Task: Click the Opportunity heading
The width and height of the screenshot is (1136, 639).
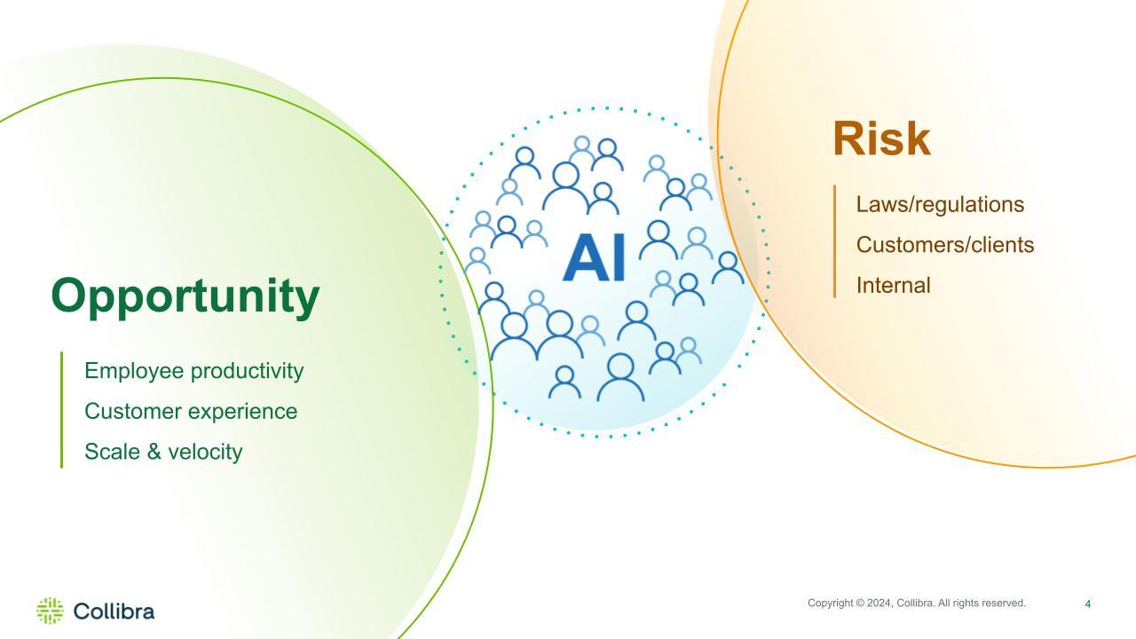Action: tap(185, 297)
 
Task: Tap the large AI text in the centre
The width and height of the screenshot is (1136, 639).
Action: tap(595, 257)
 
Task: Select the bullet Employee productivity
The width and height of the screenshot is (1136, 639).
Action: tap(193, 371)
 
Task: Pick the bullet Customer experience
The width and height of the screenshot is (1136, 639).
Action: tap(191, 411)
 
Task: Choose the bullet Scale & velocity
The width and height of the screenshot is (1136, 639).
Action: tap(163, 452)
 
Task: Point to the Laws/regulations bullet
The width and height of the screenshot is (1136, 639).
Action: tap(940, 205)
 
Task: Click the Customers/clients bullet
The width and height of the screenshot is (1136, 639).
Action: tap(945, 245)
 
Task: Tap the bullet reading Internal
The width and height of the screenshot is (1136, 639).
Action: tap(893, 286)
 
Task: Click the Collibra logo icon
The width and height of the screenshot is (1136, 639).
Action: tap(51, 611)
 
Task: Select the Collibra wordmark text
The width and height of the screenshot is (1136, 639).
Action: tap(114, 611)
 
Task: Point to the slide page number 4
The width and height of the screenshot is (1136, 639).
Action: tap(1088, 604)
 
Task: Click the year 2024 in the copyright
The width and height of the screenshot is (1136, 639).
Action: tap(879, 603)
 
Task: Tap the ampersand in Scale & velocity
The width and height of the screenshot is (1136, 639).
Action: tap(154, 452)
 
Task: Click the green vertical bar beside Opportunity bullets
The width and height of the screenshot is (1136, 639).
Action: tap(62, 410)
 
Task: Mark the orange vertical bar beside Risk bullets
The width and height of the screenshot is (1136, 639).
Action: tap(835, 241)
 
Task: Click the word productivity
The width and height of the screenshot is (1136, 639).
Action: tap(248, 372)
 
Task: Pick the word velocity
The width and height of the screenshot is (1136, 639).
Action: tap(205, 452)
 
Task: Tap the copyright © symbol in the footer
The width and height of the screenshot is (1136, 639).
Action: tap(860, 603)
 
